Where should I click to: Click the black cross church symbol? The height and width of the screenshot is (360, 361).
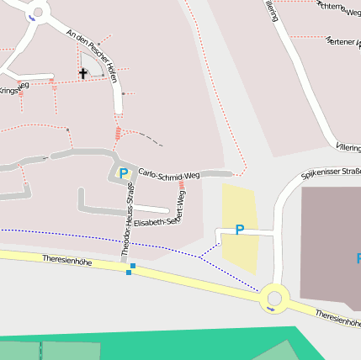pyautogui.click(x=82, y=73)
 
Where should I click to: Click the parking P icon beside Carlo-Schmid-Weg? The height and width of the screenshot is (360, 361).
pyautogui.click(x=124, y=174)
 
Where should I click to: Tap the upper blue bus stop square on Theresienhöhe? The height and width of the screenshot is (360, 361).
pyautogui.click(x=133, y=266)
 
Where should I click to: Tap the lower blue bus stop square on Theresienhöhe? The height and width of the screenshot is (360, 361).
pyautogui.click(x=128, y=272)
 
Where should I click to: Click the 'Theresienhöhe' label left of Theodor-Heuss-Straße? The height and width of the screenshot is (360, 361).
pyautogui.click(x=66, y=261)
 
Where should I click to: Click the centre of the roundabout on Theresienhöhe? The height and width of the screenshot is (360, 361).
pyautogui.click(x=273, y=298)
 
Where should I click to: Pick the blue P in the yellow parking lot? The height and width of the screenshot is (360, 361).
pyautogui.click(x=240, y=230)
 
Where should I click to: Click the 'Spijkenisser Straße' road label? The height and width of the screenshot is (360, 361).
pyautogui.click(x=330, y=174)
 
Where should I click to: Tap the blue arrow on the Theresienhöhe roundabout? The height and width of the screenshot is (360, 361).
pyautogui.click(x=269, y=309)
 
